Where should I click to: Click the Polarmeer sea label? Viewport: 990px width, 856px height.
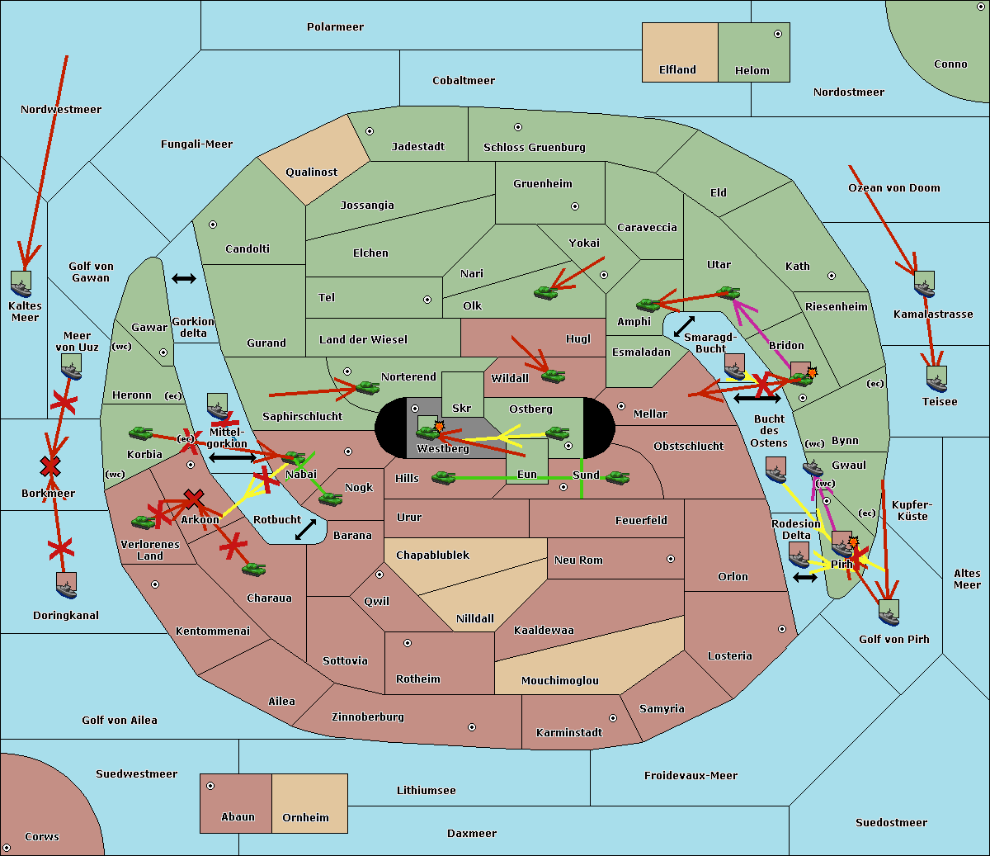tap(335, 27)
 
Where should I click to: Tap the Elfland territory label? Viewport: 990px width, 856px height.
tap(677, 70)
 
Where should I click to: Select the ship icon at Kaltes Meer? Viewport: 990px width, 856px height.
tap(21, 284)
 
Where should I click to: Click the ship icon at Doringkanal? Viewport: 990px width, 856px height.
tap(67, 585)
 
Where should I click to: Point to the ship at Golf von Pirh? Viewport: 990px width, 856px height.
tap(889, 612)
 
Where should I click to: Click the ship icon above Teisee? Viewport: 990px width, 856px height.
tap(936, 379)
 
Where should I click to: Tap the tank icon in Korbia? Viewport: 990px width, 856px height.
tap(141, 433)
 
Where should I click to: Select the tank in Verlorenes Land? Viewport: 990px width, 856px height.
tap(144, 522)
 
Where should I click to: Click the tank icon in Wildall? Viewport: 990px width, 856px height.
tap(553, 376)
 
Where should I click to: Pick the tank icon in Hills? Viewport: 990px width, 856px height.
tap(444, 477)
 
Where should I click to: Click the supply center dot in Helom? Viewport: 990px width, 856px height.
tap(777, 34)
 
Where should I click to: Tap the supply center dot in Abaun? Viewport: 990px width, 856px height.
tap(210, 786)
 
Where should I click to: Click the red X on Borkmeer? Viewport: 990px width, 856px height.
tap(50, 467)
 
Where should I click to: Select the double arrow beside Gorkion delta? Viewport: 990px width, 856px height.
tap(184, 279)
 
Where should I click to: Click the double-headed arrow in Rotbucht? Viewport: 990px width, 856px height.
tap(305, 529)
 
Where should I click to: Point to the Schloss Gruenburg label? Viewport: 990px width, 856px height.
tap(534, 148)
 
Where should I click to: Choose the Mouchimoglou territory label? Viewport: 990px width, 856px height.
tap(559, 681)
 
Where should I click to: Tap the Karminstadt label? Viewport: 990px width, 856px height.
tap(569, 733)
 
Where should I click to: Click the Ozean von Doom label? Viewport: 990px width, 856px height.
tap(894, 188)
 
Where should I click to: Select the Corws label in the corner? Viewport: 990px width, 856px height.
tap(42, 837)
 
